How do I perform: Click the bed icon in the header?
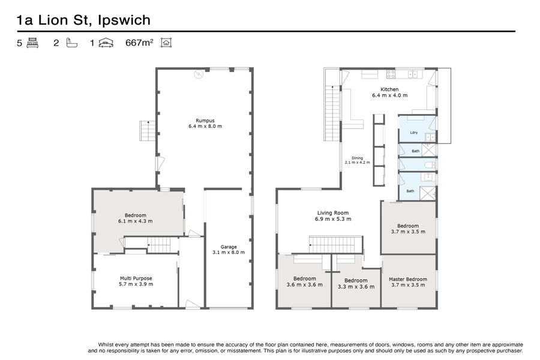coord(32,43)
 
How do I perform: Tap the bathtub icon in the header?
coord(72,43)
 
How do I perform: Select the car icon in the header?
coord(106,43)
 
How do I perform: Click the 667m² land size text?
coord(140,43)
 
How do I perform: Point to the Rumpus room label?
coord(205,119)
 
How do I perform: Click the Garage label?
coord(228,247)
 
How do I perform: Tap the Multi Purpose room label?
coord(136,278)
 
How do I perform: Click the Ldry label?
coord(414,133)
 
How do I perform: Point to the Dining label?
coord(357,158)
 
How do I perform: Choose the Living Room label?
coord(332,213)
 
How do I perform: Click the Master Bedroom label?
coord(409,279)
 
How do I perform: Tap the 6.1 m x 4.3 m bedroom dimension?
coord(136,221)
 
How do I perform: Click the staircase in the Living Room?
coord(336,244)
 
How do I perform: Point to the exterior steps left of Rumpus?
coord(148,131)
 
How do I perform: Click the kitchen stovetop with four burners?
coord(391,74)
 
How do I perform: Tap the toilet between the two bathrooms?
coord(427,164)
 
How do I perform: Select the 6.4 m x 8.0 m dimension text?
coord(205,126)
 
